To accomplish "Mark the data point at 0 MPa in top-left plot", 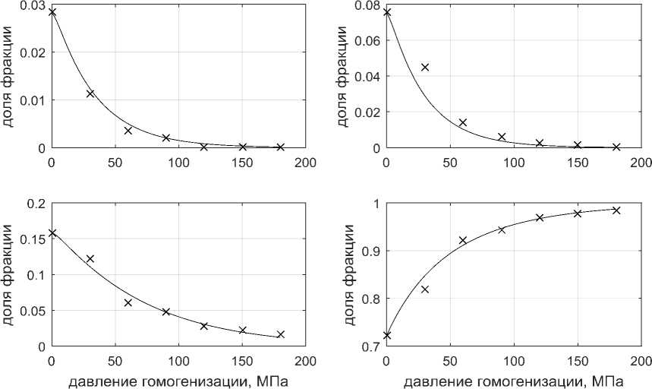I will (52, 12).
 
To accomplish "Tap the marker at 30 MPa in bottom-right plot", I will (425, 289).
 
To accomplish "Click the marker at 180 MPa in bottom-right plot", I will (616, 210).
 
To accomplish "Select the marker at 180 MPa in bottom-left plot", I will (280, 334).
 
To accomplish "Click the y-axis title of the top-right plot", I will (343, 76).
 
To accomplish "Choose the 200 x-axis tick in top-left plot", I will (306, 162).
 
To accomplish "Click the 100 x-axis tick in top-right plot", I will (514, 162).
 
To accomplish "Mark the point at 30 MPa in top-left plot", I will (90, 93).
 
